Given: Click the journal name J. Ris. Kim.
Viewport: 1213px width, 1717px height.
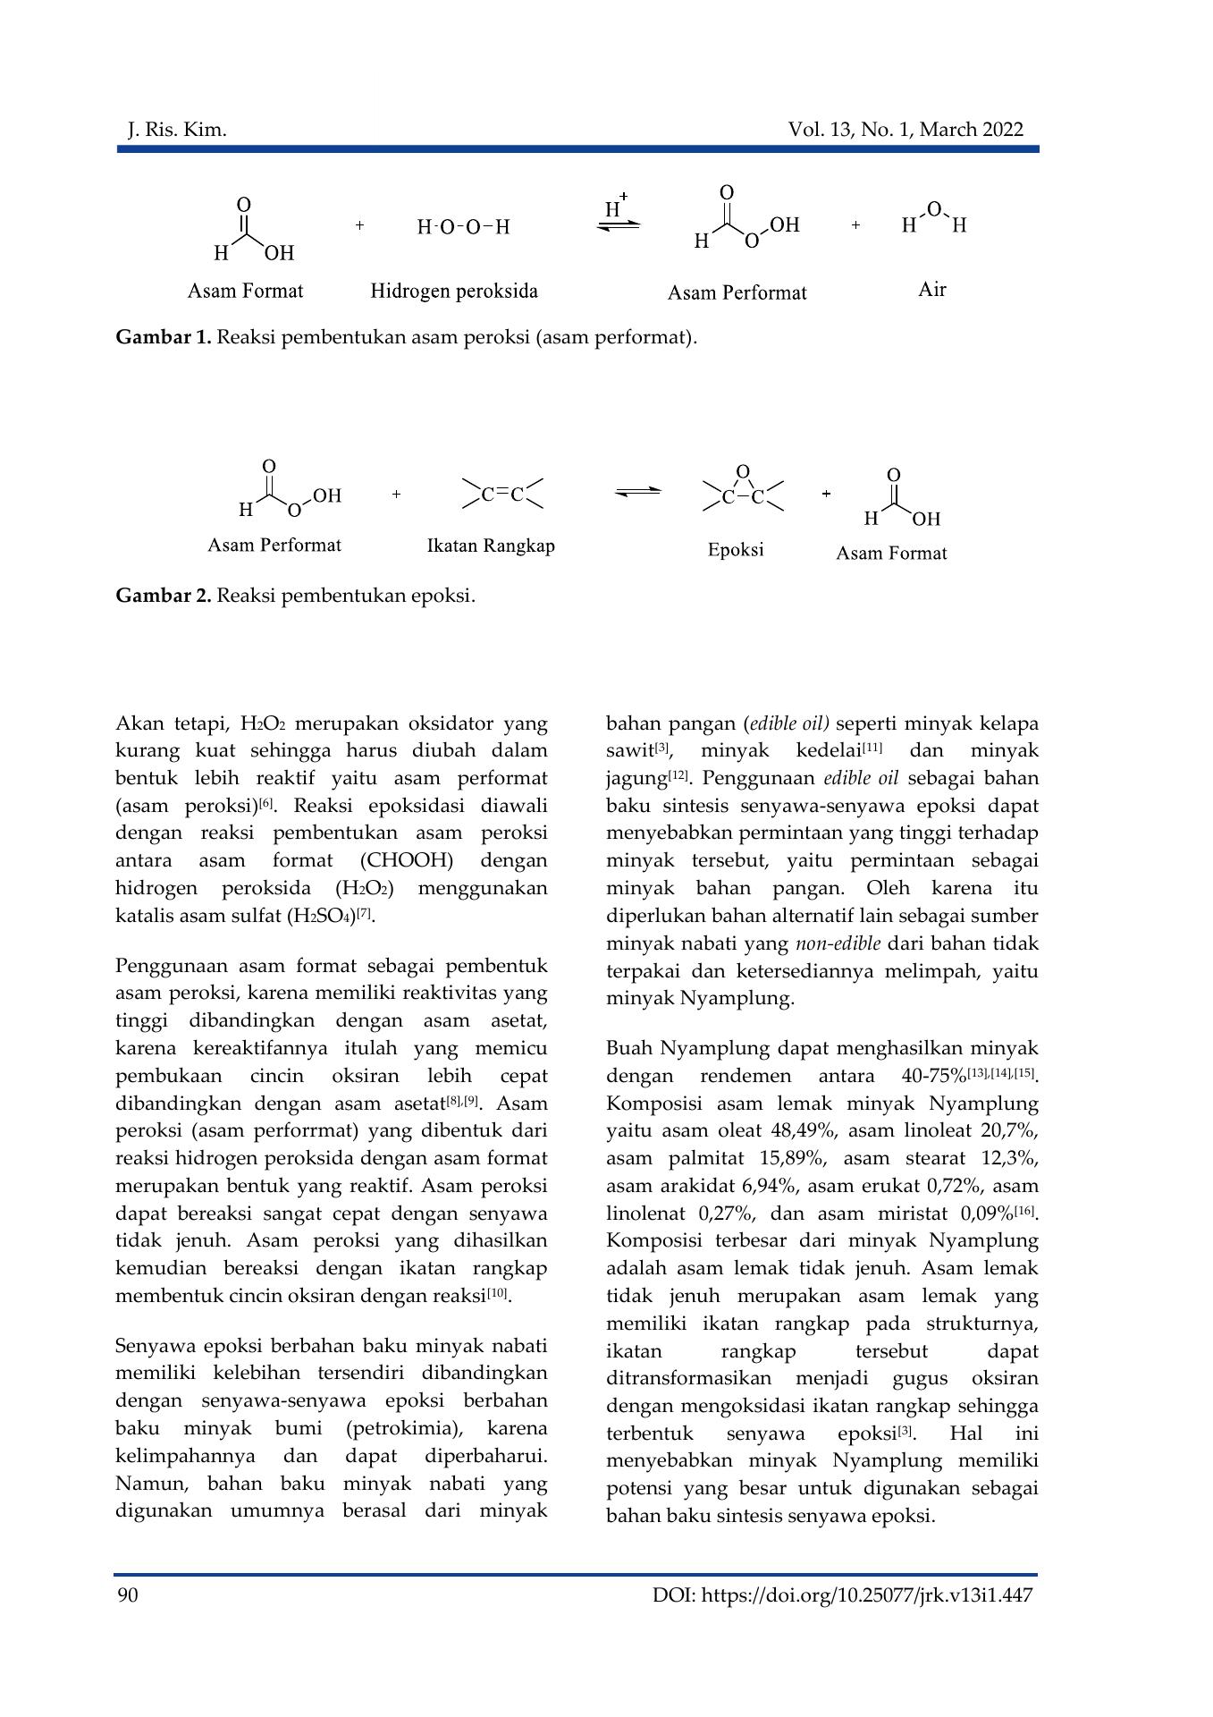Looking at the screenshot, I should (177, 131).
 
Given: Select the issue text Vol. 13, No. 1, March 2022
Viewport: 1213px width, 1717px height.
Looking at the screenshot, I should (905, 131).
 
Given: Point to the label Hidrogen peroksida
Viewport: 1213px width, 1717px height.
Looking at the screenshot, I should (454, 292).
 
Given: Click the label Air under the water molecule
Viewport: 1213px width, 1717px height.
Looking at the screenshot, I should (931, 290).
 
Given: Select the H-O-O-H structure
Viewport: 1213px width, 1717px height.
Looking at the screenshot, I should (463, 227).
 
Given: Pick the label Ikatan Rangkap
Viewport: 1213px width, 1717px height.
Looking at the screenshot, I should (491, 546).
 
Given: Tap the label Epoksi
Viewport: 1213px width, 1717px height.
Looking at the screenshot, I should (736, 550).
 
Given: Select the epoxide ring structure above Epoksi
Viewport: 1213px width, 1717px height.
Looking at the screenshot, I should (743, 490).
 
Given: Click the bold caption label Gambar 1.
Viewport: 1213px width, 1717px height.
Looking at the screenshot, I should (164, 338).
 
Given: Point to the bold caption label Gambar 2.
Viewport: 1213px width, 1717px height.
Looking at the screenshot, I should (164, 596).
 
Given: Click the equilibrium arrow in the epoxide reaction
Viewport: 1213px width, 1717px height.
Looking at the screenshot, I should (638, 491).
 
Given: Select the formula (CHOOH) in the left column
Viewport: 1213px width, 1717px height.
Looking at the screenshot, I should (409, 860).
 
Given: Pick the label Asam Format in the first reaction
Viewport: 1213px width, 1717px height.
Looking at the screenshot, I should (245, 292).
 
